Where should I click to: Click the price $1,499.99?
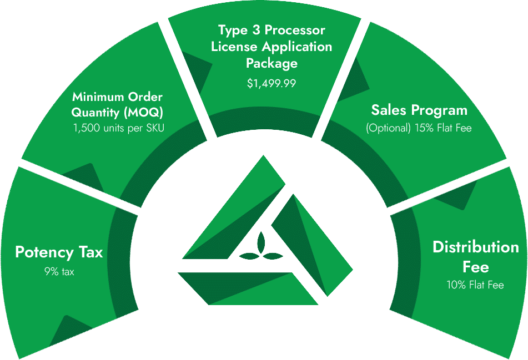point(271,83)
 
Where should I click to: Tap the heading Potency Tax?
point(59,252)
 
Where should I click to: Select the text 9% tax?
point(59,271)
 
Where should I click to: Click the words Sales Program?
point(419,110)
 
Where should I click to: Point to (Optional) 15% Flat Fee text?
point(419,128)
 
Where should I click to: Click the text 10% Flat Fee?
point(475,285)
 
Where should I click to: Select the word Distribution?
point(476,247)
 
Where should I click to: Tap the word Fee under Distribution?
point(475,267)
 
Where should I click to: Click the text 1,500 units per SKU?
point(119,128)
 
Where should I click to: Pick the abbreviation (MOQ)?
point(143,113)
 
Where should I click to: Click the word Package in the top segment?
point(271,63)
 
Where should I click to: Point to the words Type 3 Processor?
point(271,30)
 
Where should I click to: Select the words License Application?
point(271,47)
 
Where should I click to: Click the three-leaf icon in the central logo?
point(262,249)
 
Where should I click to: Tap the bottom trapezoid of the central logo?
point(248,288)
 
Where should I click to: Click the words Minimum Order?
point(118,97)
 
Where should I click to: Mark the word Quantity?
point(95,113)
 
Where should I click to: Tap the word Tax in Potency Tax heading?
point(90,252)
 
